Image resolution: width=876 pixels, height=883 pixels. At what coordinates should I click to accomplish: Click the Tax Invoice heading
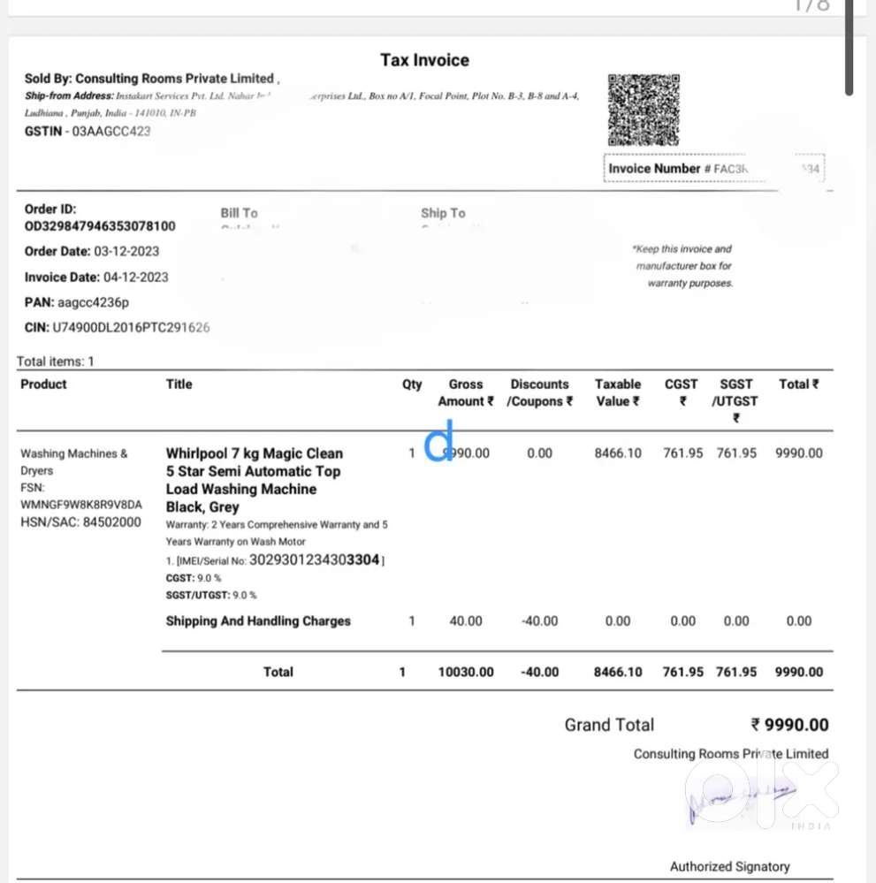point(424,60)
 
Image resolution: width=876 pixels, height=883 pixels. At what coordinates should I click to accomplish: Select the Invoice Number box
point(713,168)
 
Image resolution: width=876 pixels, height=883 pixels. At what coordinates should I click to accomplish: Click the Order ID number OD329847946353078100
point(100,226)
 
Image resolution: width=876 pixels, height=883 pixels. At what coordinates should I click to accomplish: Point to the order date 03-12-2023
point(126,251)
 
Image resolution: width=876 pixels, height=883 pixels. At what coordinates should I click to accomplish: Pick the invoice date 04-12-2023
point(132,277)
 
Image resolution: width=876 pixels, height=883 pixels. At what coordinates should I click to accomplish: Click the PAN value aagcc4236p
point(87,302)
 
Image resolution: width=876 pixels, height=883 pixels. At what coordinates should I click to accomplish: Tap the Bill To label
point(239,213)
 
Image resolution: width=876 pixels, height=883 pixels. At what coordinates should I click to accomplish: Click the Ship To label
point(443,213)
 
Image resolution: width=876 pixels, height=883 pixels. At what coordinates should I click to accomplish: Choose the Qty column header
point(412,384)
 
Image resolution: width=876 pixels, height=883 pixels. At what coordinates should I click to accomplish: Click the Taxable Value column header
point(618,392)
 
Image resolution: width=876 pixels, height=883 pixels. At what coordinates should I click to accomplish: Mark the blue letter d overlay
point(439,441)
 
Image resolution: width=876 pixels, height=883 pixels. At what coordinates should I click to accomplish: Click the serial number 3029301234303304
point(315,559)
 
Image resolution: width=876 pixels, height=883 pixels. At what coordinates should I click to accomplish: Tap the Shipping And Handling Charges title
point(258,621)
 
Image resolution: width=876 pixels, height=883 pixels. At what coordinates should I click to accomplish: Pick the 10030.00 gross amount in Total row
point(466,672)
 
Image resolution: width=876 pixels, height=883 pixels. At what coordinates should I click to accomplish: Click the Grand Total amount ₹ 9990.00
point(789,725)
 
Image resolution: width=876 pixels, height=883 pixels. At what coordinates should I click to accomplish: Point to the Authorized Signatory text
point(729,866)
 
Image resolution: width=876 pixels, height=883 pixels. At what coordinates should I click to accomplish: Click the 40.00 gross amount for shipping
point(466,621)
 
